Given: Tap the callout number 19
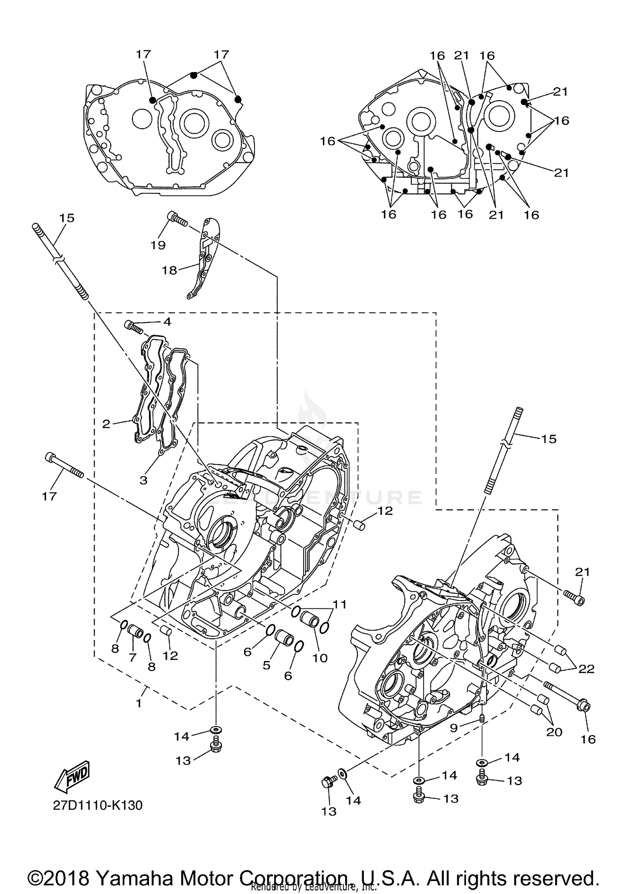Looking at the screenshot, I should (158, 245).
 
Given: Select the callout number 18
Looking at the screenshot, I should (170, 271).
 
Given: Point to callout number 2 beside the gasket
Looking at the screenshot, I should (106, 424).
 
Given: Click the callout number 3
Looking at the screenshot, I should (144, 480).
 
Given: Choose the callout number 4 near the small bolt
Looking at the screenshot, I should (167, 322).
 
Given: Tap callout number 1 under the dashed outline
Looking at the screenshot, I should (139, 703).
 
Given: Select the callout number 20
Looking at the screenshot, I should (554, 732).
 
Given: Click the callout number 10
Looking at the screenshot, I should (320, 658).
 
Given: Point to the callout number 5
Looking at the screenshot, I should (267, 665).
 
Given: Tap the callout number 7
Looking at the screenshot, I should (133, 658).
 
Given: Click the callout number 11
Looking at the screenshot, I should (340, 605).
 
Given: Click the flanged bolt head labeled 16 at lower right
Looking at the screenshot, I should (584, 707).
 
